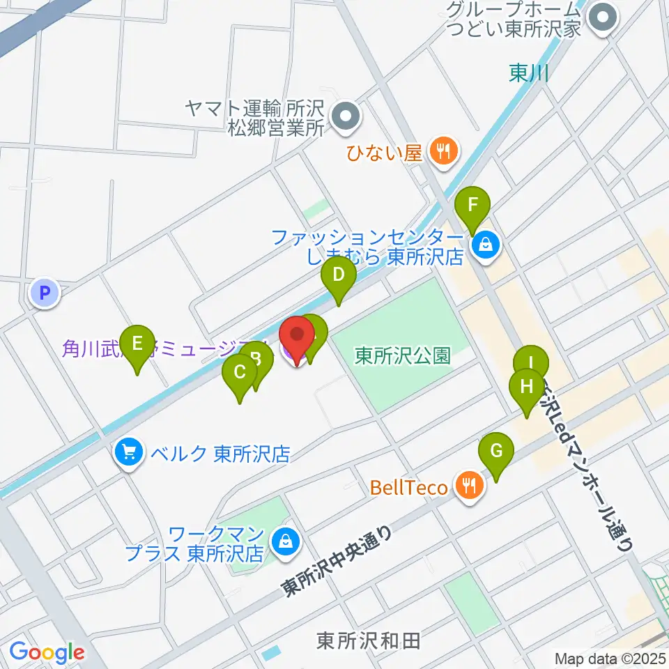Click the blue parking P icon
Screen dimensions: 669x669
click(45, 293)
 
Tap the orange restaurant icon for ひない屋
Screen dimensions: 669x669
click(442, 150)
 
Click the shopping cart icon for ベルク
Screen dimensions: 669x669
click(128, 454)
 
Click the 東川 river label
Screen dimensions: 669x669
click(528, 74)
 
